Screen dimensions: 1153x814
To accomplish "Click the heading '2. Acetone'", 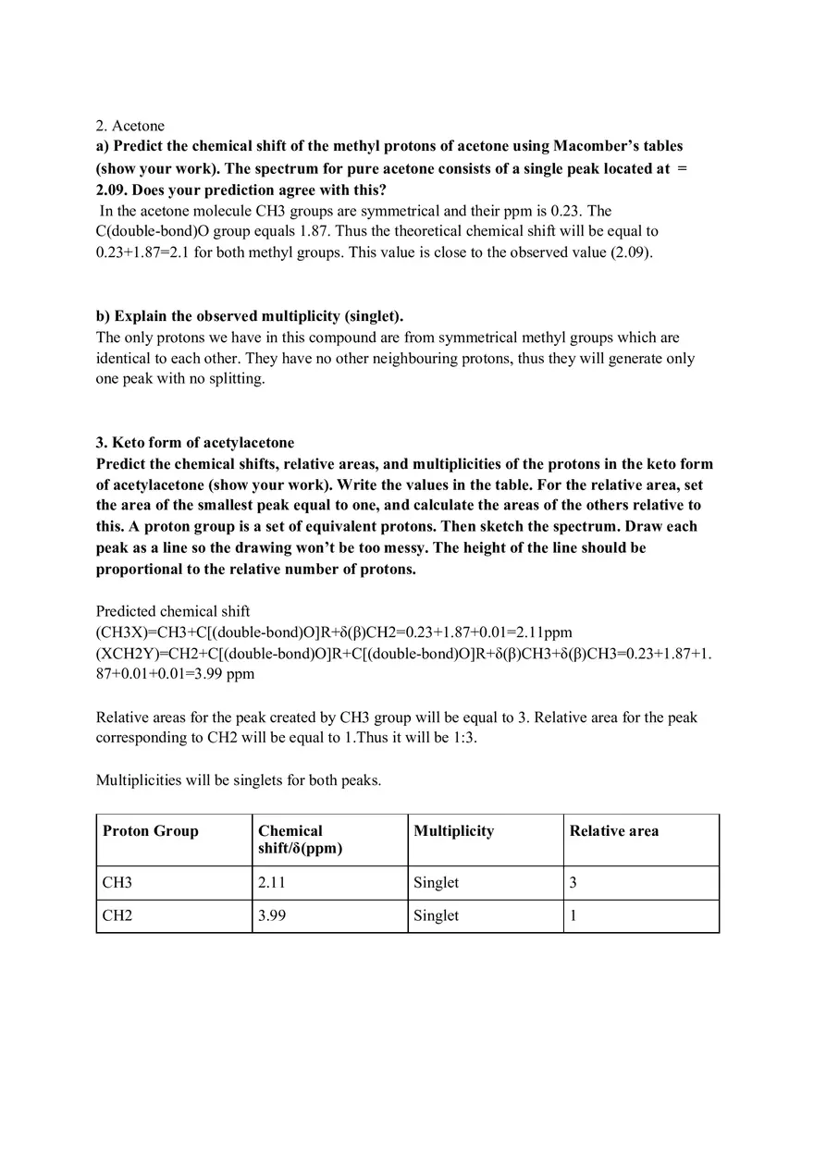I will [x=129, y=125].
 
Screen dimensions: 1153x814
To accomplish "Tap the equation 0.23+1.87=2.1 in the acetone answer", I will [x=142, y=252].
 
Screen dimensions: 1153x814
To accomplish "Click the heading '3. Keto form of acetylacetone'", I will [x=195, y=442].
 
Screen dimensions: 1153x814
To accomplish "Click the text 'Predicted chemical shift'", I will [x=173, y=611].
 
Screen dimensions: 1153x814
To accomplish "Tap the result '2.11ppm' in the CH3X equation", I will [x=545, y=632].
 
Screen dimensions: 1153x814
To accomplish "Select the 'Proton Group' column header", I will [x=151, y=831].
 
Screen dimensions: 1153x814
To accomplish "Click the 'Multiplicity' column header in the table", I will [x=454, y=831].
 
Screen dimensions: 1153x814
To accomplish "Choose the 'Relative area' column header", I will [x=614, y=831].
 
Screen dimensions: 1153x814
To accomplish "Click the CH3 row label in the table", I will [x=117, y=883].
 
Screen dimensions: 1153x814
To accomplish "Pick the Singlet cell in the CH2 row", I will [x=437, y=916].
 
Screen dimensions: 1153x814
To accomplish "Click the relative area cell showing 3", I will [x=573, y=883].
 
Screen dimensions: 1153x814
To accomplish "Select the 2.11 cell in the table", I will [x=272, y=883].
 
